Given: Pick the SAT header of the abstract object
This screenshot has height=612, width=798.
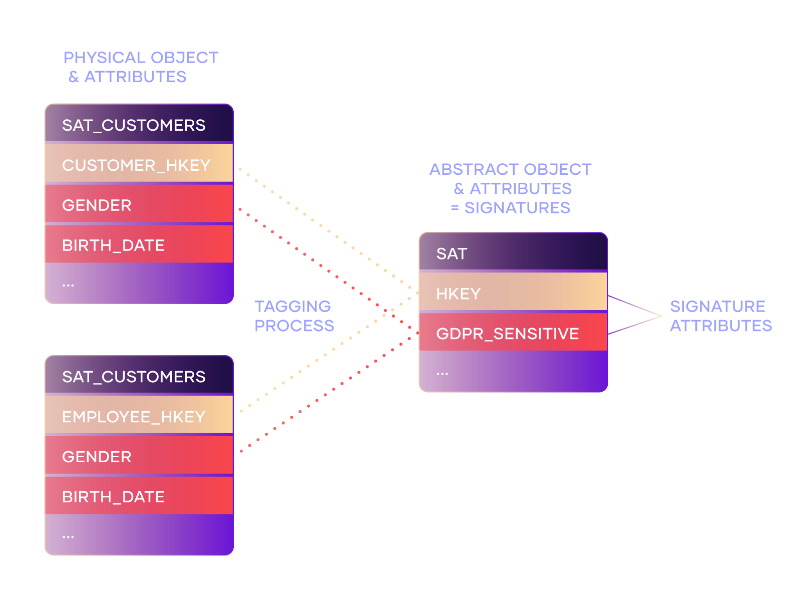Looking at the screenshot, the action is tap(513, 251).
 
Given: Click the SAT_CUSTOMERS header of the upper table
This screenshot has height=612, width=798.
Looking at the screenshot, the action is tap(139, 123).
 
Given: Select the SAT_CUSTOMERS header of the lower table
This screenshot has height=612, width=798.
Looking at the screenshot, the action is tap(139, 374).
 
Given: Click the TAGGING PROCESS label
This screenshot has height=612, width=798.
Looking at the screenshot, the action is tap(294, 316).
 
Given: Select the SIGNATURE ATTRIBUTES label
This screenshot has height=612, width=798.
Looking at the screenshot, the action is tap(721, 316).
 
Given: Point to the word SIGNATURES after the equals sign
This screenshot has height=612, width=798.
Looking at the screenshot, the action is tap(517, 207).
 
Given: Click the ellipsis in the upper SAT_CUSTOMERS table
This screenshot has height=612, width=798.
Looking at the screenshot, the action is tap(68, 285).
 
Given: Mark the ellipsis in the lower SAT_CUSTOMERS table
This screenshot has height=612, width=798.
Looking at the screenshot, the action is tap(68, 537).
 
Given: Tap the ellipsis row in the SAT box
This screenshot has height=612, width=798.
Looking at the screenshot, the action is tap(513, 371).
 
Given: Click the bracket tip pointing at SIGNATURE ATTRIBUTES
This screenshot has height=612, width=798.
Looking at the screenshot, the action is tap(661, 316).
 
